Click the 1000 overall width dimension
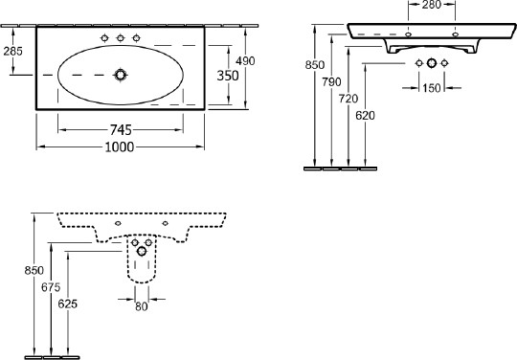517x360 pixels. click(120, 147)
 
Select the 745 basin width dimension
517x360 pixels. click(121, 130)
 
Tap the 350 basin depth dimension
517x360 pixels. click(228, 76)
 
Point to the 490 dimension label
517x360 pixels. click(246, 61)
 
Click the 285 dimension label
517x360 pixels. click(12, 51)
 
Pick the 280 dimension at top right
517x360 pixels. click(432, 5)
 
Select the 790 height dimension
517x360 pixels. click(331, 81)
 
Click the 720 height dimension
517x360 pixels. click(348, 99)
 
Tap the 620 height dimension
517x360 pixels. click(365, 116)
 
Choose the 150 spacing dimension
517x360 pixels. click(432, 88)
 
